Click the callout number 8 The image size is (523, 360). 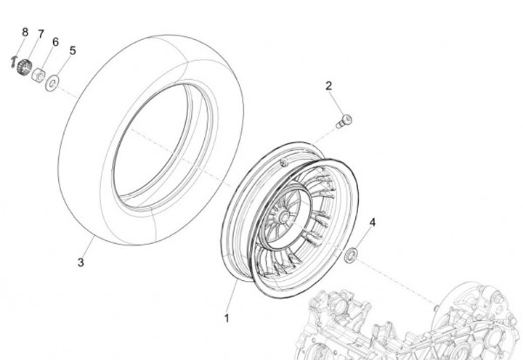point(25,32)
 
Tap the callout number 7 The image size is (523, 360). point(41,33)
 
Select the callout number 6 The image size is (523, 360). point(55,41)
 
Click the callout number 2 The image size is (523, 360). point(329,86)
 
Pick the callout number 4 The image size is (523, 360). point(373,222)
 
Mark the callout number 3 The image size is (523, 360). point(81,262)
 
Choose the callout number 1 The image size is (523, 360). point(226,318)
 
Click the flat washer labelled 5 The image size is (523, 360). point(52,84)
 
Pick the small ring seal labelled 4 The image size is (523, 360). point(351,254)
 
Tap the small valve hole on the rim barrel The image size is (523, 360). point(285,165)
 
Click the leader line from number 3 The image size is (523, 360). point(88,247)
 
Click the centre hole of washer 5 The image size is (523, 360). point(52,84)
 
